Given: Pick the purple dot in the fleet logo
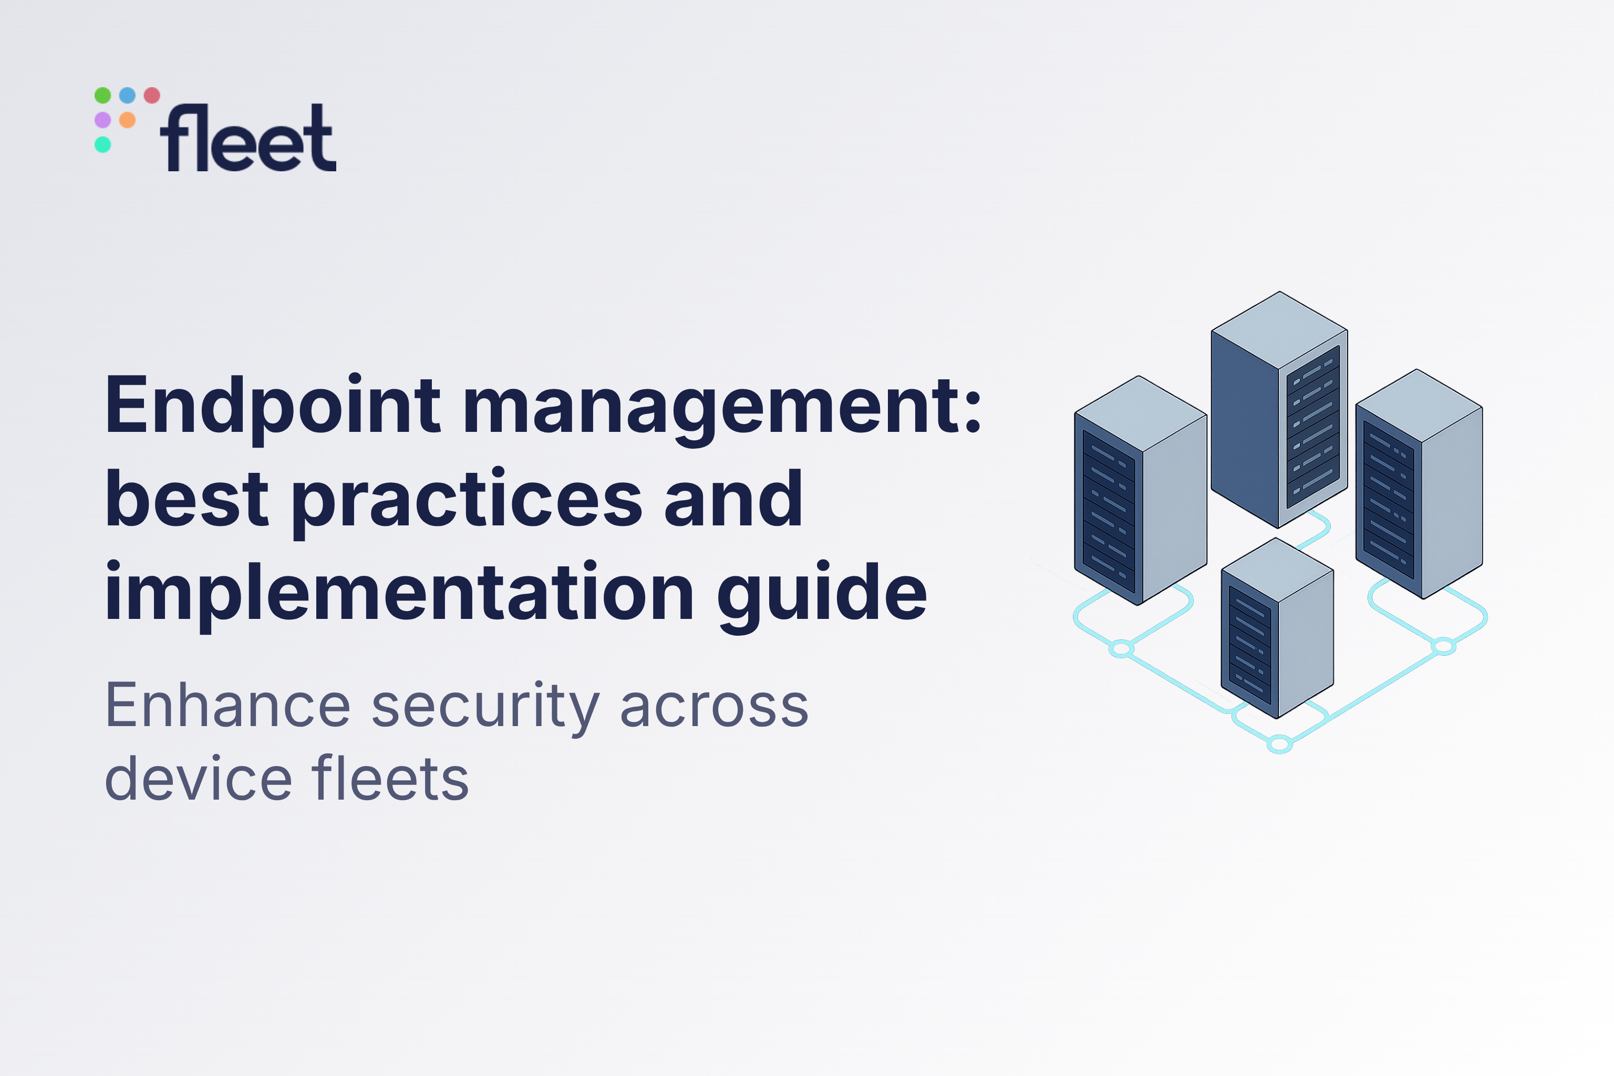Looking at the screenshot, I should pyautogui.click(x=103, y=120).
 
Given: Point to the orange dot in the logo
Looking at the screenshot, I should pyautogui.click(x=128, y=120).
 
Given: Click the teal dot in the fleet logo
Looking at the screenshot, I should pyautogui.click(x=103, y=145).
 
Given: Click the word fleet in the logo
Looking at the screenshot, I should pyautogui.click(x=248, y=139).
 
